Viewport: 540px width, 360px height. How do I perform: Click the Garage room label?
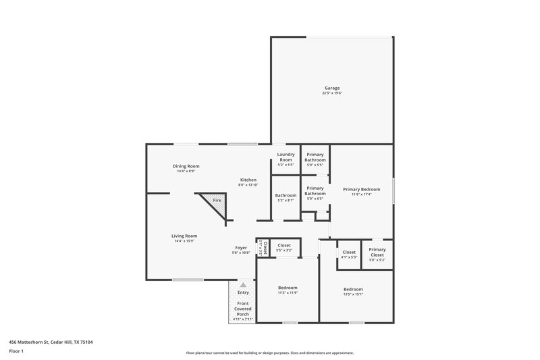(332, 88)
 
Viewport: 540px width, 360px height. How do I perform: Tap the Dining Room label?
(186, 165)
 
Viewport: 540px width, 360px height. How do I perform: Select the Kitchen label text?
(248, 180)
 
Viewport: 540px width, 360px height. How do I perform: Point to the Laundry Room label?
(286, 157)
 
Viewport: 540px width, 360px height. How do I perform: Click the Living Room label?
(184, 236)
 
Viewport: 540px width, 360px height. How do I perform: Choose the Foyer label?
(241, 248)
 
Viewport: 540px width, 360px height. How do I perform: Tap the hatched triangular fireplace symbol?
(215, 202)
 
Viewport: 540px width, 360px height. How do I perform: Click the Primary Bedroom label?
(361, 189)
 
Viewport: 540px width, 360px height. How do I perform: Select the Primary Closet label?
(377, 252)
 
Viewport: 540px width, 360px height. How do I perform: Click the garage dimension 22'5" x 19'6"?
(332, 93)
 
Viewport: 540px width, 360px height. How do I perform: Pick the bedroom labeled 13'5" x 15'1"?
(354, 291)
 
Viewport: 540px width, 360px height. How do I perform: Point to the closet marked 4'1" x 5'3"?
(348, 255)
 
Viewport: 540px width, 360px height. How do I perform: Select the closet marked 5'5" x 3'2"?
(284, 248)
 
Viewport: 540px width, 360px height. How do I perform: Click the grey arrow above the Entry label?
(243, 285)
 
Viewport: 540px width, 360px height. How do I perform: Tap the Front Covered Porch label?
(243, 309)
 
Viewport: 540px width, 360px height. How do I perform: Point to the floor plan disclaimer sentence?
(270, 353)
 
